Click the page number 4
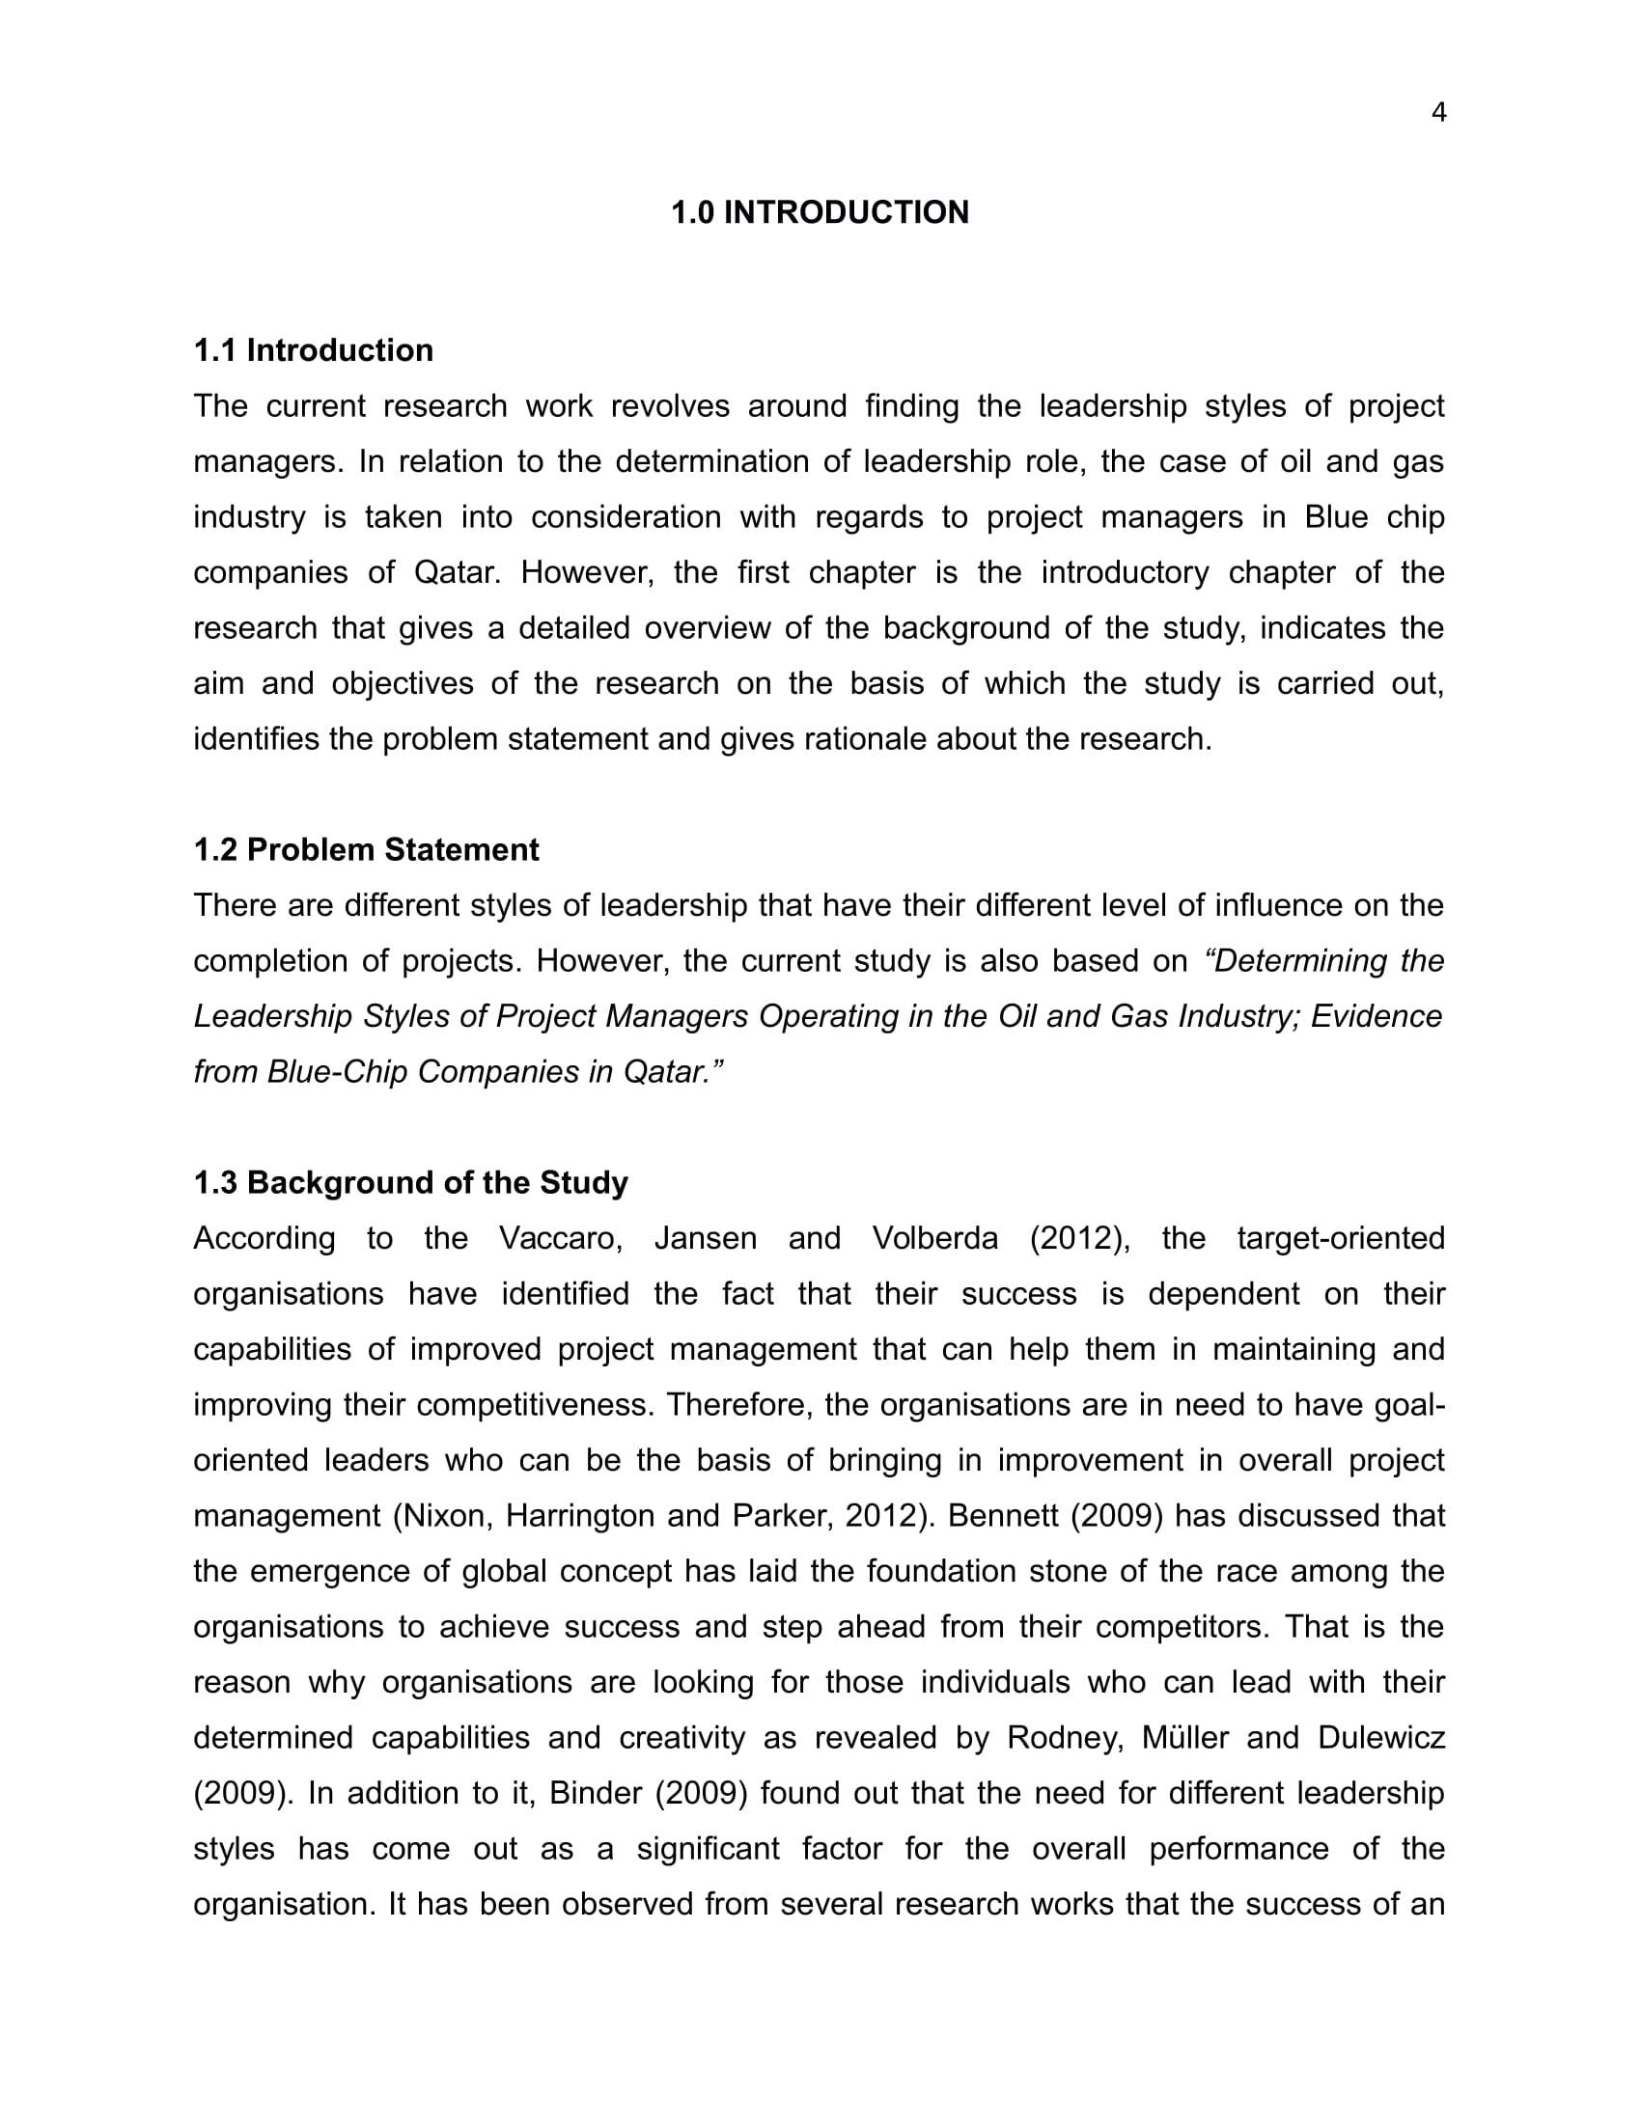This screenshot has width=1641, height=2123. [1439, 114]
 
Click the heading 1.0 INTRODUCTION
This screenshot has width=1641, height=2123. [820, 213]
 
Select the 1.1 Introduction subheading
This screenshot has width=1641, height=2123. [313, 351]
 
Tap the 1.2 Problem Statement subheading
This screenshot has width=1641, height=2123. [366, 849]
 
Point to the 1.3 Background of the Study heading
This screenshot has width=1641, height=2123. [410, 1183]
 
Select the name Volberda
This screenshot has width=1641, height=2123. [934, 1238]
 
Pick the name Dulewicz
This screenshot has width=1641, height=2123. [1381, 1738]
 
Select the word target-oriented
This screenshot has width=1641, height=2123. [1341, 1238]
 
